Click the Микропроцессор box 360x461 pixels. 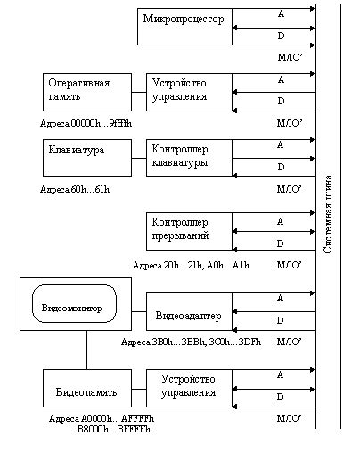coord(184,27)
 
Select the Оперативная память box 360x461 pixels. coord(87,92)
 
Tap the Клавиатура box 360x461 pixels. coord(87,158)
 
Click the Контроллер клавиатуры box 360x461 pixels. coord(189,158)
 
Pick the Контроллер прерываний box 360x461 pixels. coord(189,231)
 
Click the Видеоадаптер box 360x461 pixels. coord(189,311)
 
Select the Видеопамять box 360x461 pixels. coord(87,388)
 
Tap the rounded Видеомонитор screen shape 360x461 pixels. coord(74,303)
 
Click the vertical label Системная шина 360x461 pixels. coord(328,214)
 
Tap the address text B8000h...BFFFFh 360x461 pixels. coord(114,429)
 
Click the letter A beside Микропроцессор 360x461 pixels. coord(281,13)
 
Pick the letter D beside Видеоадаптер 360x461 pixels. coord(280,320)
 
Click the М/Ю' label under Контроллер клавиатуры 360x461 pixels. coord(290,189)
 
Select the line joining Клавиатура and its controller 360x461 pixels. coord(139,158)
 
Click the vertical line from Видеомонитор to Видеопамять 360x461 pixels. coord(86,350)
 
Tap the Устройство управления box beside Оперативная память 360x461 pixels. coord(189,92)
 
